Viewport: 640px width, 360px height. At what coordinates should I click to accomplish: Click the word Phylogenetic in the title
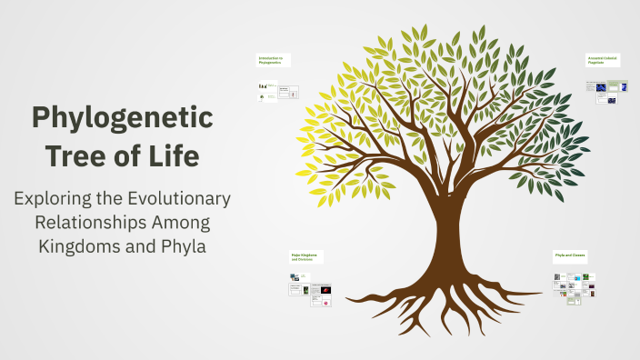pyautogui.click(x=122, y=119)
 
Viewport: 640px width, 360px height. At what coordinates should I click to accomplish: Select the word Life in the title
pyautogui.click(x=175, y=155)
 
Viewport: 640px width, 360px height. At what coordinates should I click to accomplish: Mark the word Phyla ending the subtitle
pyautogui.click(x=181, y=245)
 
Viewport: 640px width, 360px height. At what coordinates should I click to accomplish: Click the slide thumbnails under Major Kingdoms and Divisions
pyautogui.click(x=310, y=291)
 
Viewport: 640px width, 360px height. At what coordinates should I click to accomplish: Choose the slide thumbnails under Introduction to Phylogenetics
pyautogui.click(x=278, y=90)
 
